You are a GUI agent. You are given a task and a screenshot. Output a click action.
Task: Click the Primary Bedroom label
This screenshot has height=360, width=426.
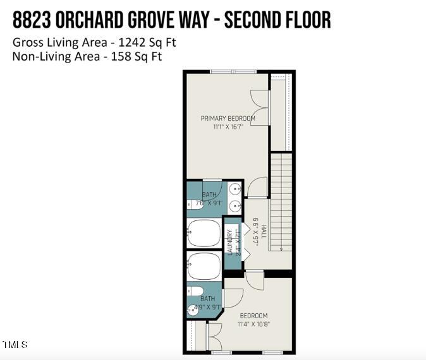coord(228,118)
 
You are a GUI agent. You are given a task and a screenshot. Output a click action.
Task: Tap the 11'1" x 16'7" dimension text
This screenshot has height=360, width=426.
coord(228,127)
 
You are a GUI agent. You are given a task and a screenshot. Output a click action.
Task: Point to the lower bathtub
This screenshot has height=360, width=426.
coord(204,266)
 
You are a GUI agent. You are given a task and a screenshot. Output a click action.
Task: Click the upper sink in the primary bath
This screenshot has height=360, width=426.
coord(234,189)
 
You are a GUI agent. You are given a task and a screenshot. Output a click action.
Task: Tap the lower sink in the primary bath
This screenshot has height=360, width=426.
coord(234,205)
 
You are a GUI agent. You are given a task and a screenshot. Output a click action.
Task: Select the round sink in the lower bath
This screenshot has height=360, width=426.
coord(193,309)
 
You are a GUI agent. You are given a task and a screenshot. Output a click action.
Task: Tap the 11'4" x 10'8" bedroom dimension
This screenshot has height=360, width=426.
coord(253,325)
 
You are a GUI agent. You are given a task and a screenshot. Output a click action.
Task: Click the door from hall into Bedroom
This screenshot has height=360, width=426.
coord(255,279)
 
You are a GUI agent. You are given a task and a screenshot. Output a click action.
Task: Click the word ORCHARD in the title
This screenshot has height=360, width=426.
coord(98,20)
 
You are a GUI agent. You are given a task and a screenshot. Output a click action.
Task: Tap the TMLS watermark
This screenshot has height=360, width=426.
coord(15,344)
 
